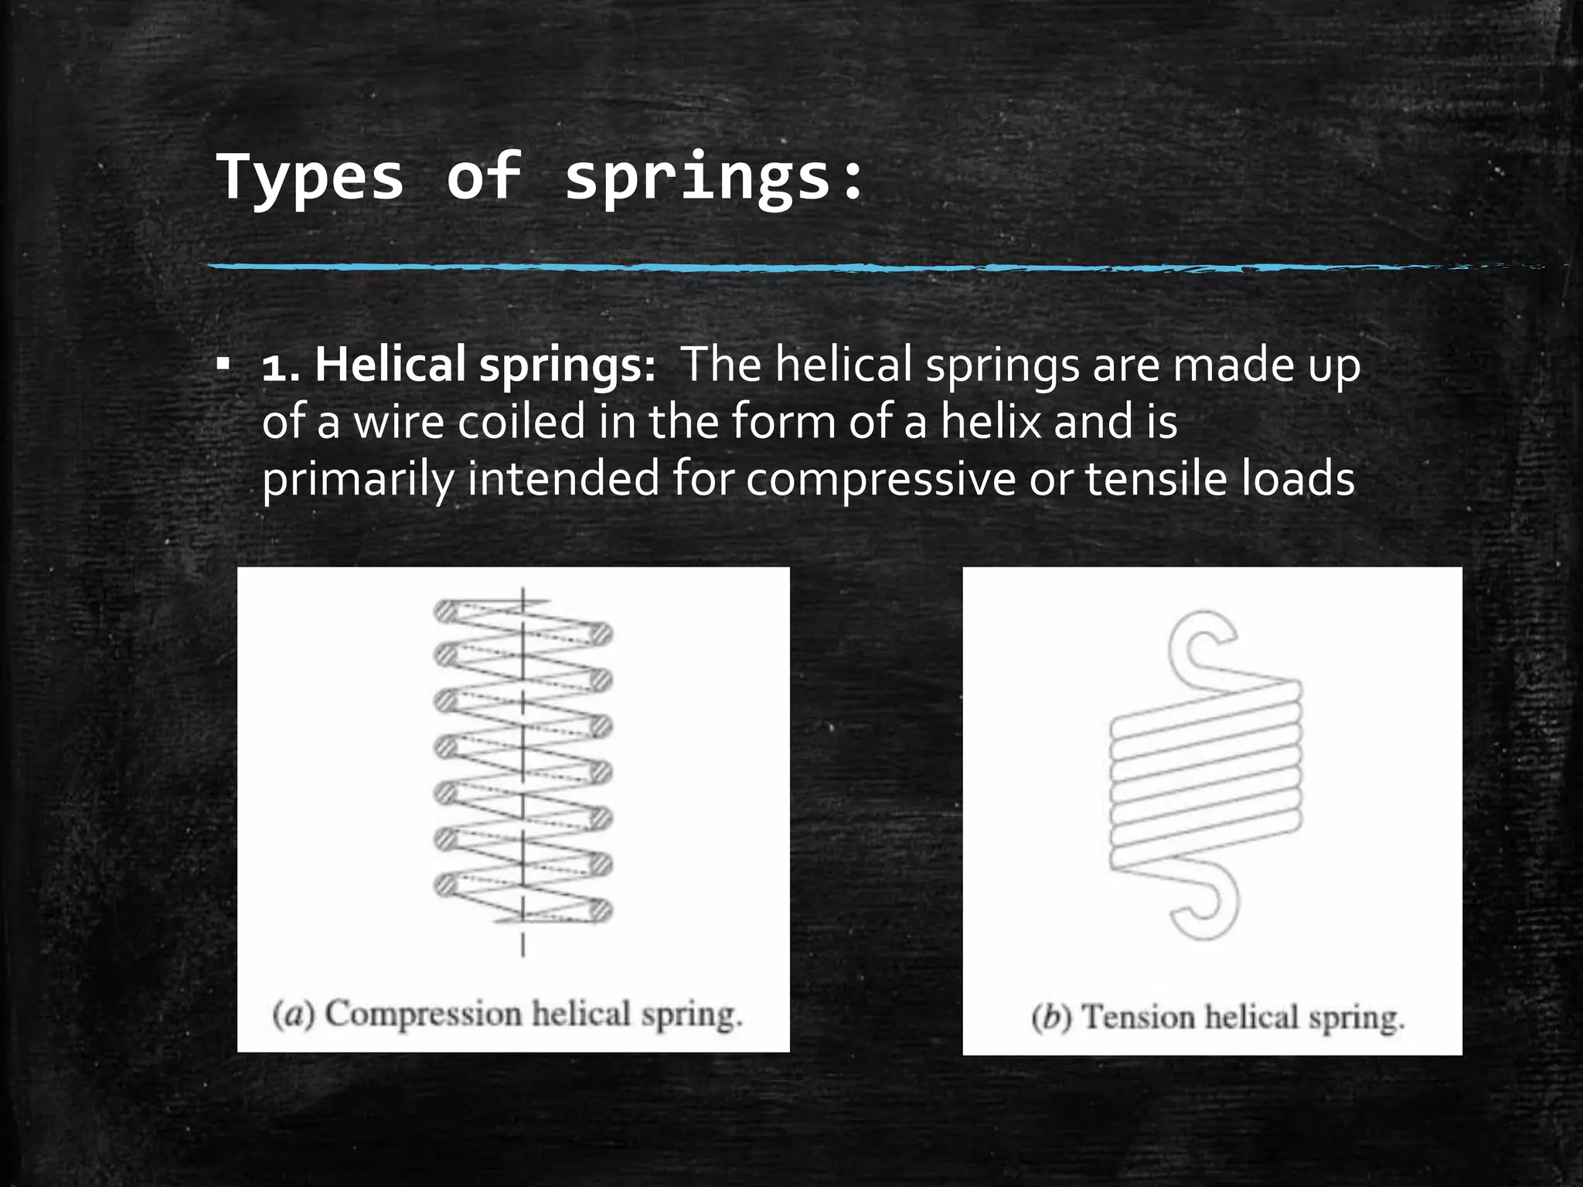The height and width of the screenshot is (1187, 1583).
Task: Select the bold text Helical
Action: click(x=390, y=364)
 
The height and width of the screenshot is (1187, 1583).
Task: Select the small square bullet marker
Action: click(x=223, y=363)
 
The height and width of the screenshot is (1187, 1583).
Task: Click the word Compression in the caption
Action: click(x=423, y=1014)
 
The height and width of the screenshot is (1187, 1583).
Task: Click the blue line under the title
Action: click(x=773, y=267)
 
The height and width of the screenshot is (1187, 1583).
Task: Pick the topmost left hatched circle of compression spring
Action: click(x=445, y=611)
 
